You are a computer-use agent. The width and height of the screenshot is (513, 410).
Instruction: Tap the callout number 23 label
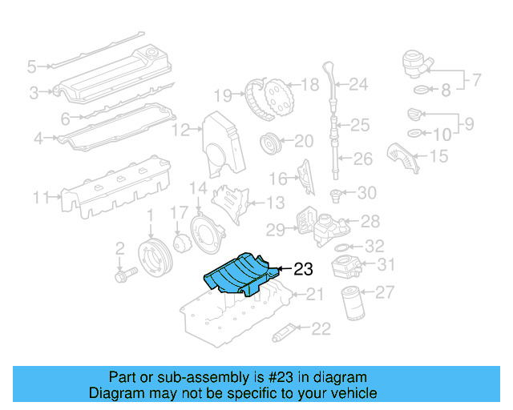tap(303, 270)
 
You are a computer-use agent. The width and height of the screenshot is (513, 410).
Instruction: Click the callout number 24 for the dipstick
tap(357, 83)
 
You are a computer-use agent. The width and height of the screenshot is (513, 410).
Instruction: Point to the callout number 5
tap(31, 66)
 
